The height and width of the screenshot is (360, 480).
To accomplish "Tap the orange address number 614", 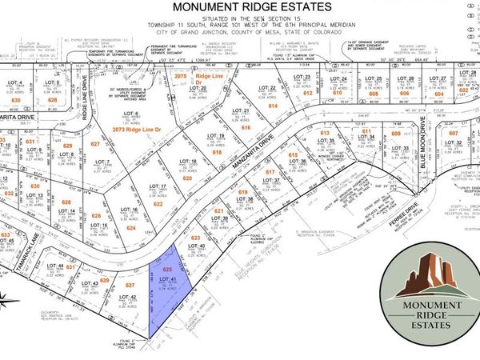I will click(273, 105).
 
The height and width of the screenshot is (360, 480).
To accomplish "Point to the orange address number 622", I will click(158, 205).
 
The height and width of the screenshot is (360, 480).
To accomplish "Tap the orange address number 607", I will click(454, 133).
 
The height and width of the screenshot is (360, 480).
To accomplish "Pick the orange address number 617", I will click(270, 173).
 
